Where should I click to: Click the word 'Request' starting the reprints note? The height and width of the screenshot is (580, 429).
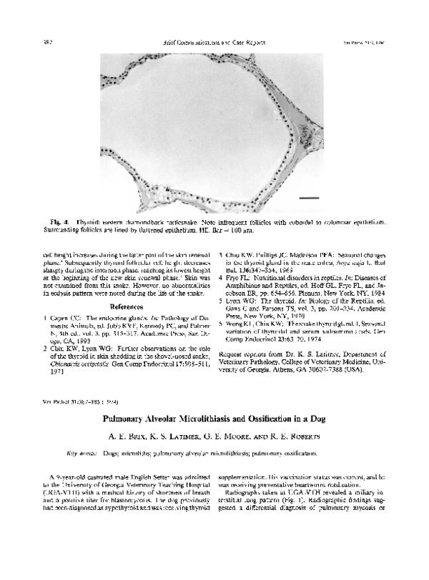[x=232, y=355]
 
